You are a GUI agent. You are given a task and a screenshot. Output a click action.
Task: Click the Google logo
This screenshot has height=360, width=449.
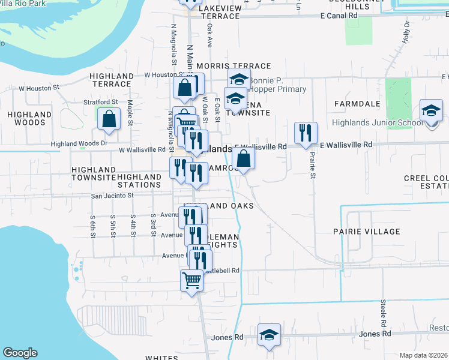click(20, 353)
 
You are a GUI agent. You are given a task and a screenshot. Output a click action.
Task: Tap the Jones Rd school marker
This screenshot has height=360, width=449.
click(269, 336)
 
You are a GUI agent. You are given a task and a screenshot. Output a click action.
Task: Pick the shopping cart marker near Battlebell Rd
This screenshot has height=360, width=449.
click(191, 280)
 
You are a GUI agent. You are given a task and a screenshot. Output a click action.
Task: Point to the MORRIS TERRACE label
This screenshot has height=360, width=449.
click(225, 66)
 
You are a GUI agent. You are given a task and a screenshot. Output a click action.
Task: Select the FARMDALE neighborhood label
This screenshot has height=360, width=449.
click(357, 104)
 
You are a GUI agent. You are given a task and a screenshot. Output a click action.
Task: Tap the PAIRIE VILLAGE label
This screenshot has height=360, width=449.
click(366, 232)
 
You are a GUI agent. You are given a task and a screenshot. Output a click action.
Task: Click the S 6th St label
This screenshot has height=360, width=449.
click(92, 226)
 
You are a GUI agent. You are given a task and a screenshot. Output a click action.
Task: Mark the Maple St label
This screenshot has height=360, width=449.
click(130, 113)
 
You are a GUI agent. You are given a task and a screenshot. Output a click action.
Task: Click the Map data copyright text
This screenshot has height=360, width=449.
click(423, 355)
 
